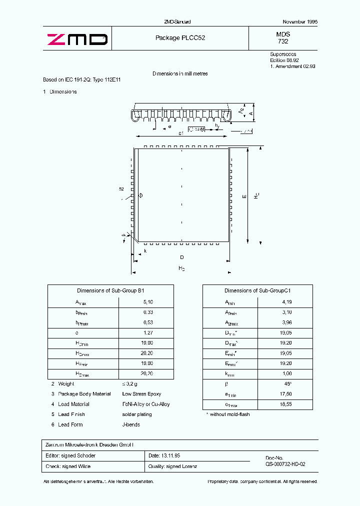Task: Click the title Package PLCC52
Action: tap(180, 37)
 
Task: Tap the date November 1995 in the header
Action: tap(300, 22)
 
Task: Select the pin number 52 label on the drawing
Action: tap(121, 189)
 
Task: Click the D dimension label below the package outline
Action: tap(182, 257)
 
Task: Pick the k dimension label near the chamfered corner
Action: tap(145, 250)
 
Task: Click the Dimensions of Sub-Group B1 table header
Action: tap(110, 290)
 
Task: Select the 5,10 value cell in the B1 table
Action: tap(148, 302)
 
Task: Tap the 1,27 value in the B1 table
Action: tap(148, 332)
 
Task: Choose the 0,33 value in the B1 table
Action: tap(148, 312)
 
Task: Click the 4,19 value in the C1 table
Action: tap(286, 302)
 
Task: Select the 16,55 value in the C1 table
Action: tap(286, 404)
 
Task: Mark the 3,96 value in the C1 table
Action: tap(286, 322)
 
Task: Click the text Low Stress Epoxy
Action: tap(141, 394)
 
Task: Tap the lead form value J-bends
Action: tap(131, 424)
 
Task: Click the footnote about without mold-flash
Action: tap(228, 414)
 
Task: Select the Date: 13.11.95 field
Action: tap(165, 455)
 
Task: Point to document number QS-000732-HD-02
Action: tap(285, 464)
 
